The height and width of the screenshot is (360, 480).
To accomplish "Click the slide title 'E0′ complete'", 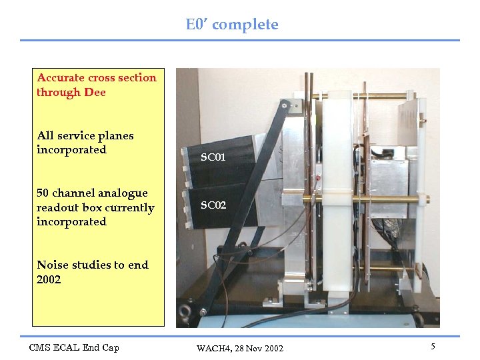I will pos(232,25).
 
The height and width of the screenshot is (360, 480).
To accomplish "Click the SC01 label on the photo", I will pos(213,158).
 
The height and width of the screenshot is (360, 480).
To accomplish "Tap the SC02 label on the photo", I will pos(213,205).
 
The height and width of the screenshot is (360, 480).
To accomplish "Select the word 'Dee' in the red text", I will pos(95,92).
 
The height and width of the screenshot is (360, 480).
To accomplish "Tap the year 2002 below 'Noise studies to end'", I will pos(49,279).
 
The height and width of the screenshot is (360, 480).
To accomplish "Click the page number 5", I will pos(433,347).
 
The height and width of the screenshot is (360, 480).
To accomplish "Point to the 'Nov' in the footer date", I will pos(255,349).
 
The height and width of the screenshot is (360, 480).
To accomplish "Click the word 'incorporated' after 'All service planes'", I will pos(71,150).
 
